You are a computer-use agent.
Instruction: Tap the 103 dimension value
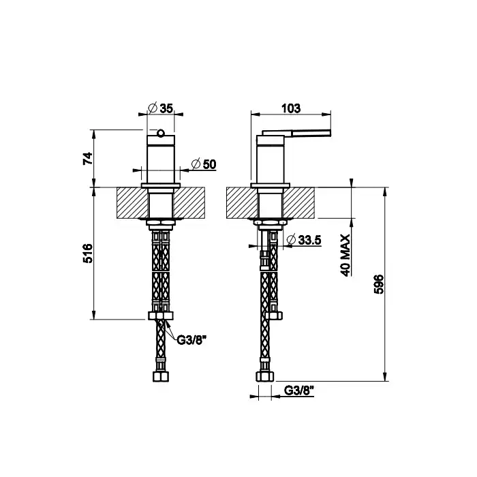coord(291,108)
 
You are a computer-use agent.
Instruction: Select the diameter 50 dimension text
coord(204,164)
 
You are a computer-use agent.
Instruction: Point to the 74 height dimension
coord(88,158)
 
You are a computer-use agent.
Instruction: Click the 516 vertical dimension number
coord(88,253)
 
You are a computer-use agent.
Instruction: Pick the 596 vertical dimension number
coord(379,284)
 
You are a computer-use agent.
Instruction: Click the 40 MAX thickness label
coord(345,255)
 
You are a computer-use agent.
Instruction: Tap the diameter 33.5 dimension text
coord(304,240)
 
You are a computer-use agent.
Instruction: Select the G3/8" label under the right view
coord(298,390)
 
